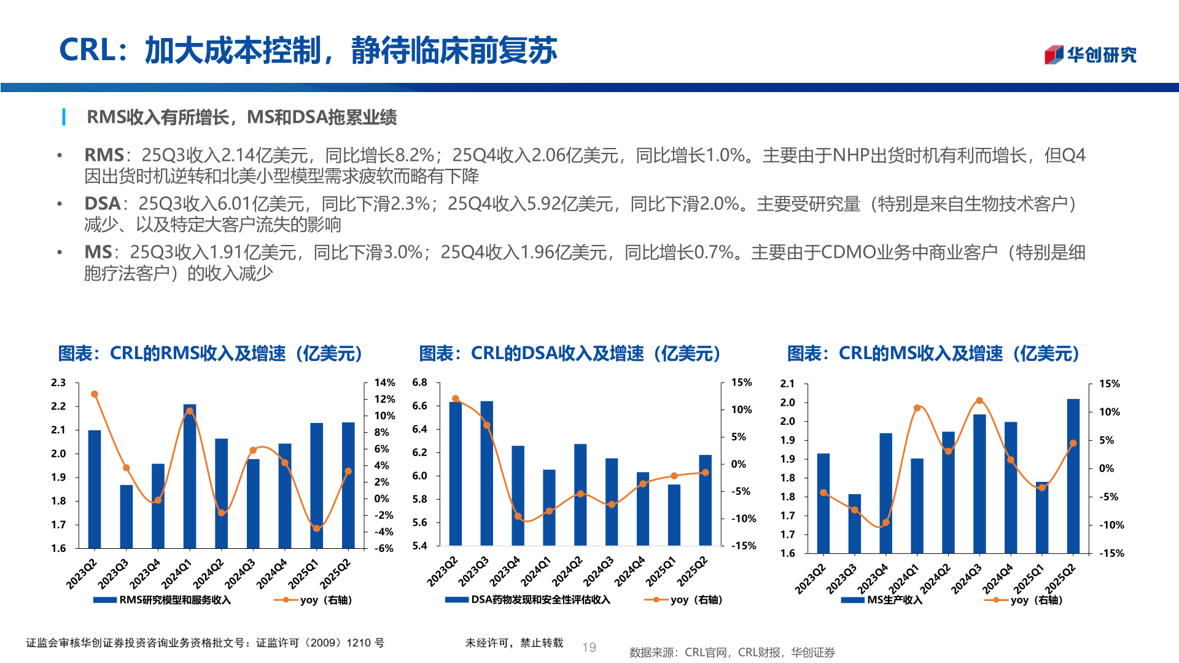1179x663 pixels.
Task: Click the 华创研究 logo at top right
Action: [1091, 55]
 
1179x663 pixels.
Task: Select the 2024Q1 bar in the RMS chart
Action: [190, 476]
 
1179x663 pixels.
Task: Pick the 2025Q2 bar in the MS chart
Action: [1073, 476]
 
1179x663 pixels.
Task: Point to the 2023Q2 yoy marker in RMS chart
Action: [95, 394]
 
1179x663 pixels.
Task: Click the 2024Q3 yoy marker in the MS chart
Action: [979, 401]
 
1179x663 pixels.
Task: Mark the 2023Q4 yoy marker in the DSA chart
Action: [518, 516]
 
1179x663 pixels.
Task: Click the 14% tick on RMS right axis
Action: [384, 382]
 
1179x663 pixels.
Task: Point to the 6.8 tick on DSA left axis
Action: [419, 382]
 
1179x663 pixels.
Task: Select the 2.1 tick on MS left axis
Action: [787, 384]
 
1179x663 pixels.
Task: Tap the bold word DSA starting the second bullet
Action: [102, 204]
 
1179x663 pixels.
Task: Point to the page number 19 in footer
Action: [589, 647]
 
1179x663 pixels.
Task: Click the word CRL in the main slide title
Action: [87, 50]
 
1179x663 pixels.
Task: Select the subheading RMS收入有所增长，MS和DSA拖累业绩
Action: [241, 117]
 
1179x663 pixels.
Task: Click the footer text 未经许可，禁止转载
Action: [514, 643]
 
